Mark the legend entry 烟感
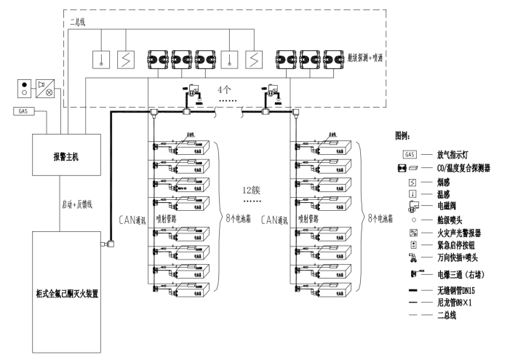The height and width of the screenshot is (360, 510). coord(442,180)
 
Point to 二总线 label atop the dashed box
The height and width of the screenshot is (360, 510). coord(76,22)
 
